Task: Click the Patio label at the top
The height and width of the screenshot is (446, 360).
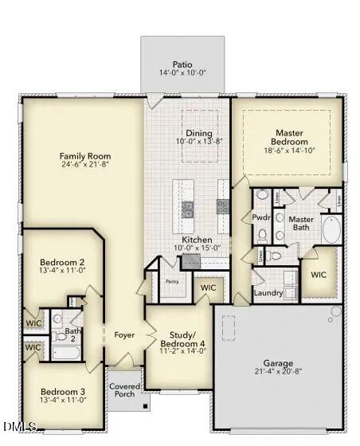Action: (x=182, y=64)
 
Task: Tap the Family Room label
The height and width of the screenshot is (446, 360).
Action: (x=85, y=155)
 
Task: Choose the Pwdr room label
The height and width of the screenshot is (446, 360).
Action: (x=261, y=217)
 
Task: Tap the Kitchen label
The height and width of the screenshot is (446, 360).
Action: (x=196, y=240)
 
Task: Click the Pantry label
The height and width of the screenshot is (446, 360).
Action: (x=171, y=281)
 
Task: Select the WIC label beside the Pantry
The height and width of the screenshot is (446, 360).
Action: (x=209, y=288)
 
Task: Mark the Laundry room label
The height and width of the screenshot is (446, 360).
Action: (x=268, y=292)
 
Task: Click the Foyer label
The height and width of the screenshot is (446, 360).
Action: (x=123, y=334)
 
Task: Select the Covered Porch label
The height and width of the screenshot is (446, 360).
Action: (x=124, y=389)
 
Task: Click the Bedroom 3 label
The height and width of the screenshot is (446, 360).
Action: (x=62, y=391)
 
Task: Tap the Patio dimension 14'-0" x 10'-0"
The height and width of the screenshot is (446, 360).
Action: (x=182, y=73)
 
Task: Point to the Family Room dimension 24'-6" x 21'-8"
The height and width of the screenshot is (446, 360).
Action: (x=85, y=165)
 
